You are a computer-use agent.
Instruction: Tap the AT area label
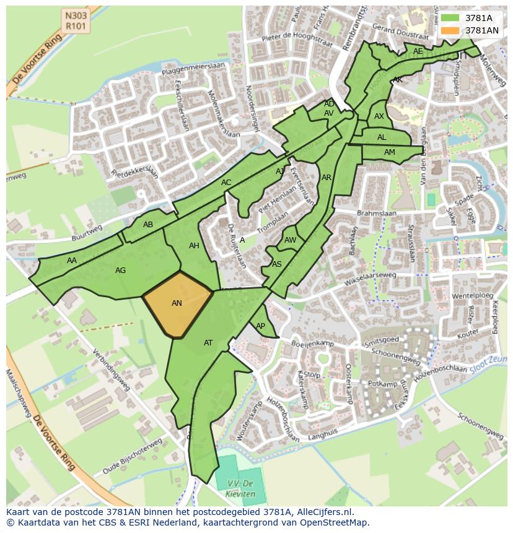click(x=208, y=343)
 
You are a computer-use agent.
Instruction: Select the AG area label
click(x=121, y=271)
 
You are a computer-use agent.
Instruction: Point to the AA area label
click(x=72, y=261)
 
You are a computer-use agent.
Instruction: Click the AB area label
click(x=148, y=225)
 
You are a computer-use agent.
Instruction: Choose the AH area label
click(x=194, y=246)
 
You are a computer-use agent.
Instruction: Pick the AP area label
click(x=260, y=326)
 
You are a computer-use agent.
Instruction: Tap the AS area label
click(x=277, y=264)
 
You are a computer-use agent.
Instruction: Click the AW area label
click(x=290, y=240)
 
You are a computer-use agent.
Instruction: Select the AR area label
click(x=327, y=178)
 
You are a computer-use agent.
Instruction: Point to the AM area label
click(x=389, y=152)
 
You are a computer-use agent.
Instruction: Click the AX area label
click(x=379, y=116)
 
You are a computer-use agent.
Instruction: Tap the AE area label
click(x=418, y=51)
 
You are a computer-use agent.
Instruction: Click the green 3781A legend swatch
click(x=450, y=18)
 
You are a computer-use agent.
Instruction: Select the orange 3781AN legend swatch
click(x=450, y=30)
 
